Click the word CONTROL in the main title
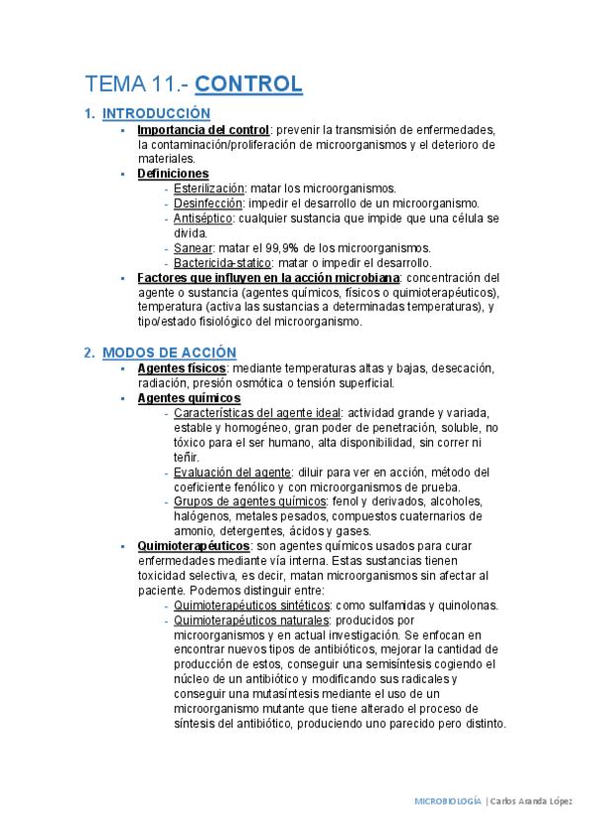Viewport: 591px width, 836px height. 249,84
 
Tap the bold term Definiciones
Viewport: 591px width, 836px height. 173,174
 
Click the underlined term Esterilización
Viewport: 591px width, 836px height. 208,188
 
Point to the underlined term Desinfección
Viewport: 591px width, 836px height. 207,203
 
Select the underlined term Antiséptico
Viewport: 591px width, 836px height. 201,218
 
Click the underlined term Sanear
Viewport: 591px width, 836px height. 192,247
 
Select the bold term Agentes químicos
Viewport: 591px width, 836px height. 183,397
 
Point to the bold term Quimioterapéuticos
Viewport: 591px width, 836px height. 193,545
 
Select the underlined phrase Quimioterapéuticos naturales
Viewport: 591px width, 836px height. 251,620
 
